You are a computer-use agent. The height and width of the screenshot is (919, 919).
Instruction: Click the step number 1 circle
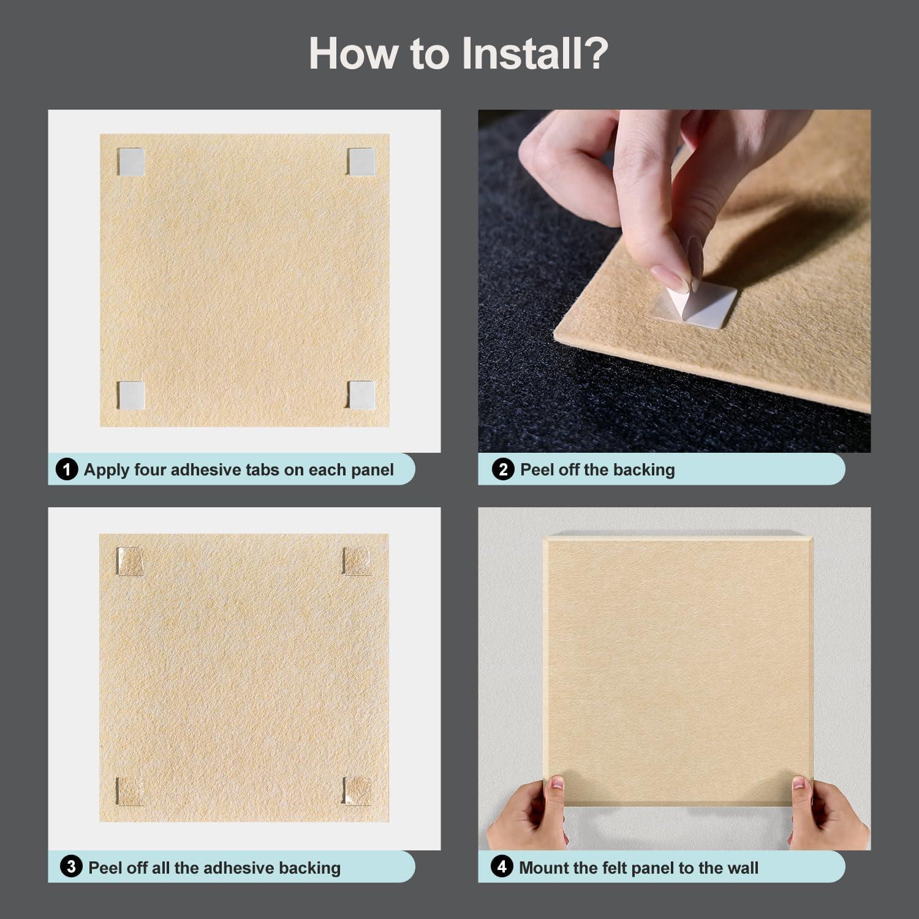click(x=67, y=470)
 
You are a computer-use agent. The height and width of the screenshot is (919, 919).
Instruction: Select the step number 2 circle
click(x=503, y=470)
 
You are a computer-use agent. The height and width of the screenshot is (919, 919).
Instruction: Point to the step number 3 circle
click(x=71, y=867)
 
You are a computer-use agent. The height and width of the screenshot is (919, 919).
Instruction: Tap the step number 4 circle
click(x=502, y=867)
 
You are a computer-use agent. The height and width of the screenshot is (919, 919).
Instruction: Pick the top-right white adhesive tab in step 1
click(x=361, y=162)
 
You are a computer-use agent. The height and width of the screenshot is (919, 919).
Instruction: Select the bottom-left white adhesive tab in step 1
click(x=130, y=395)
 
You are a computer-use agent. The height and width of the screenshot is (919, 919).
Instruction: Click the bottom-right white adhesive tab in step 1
click(x=361, y=395)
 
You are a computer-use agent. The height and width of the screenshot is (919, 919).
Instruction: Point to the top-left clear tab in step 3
click(x=129, y=561)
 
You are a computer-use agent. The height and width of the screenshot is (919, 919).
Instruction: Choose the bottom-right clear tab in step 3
click(x=358, y=790)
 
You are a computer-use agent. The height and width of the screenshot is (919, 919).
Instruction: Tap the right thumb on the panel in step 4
click(x=799, y=790)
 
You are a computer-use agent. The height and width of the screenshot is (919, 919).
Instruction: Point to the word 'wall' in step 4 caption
click(x=742, y=868)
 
